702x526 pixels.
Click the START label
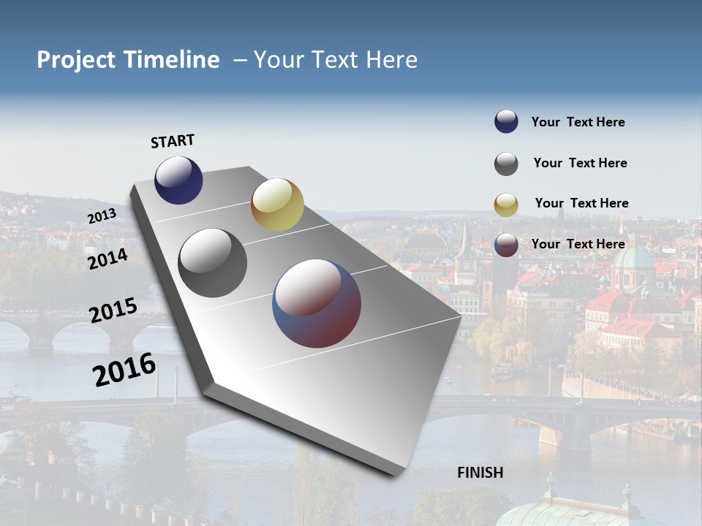(173, 141)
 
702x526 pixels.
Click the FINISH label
(480, 473)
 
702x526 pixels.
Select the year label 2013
(102, 216)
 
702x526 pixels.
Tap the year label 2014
(107, 259)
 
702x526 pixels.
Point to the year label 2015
(113, 310)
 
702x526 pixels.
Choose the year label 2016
(124, 370)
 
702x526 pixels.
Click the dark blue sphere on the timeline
(178, 180)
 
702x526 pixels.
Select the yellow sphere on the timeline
(277, 205)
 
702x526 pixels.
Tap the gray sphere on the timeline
(213, 263)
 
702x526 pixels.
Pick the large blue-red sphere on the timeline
(317, 302)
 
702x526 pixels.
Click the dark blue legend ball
(506, 122)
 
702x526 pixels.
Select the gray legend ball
(506, 164)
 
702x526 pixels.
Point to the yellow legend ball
(506, 205)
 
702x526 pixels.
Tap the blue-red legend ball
(506, 245)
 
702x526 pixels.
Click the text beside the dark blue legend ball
(578, 122)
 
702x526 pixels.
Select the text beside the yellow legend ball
(581, 203)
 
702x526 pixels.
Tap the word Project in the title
(76, 60)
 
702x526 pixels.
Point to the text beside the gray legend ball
(580, 163)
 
